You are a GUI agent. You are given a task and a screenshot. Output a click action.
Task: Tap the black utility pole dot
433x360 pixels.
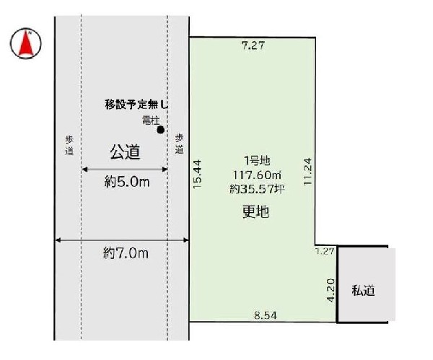(x=161, y=130)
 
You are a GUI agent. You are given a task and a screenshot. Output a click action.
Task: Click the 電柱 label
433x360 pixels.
(x=150, y=120)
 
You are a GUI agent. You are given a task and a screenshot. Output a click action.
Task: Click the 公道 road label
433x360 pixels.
(x=124, y=152)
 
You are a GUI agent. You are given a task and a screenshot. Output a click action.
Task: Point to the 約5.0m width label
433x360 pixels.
(x=126, y=183)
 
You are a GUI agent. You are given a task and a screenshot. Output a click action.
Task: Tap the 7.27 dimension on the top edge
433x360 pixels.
(x=253, y=45)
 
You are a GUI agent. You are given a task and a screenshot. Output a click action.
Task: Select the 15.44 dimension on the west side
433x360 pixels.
(x=198, y=174)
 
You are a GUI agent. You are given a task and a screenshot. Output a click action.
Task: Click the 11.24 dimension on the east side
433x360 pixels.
(x=307, y=172)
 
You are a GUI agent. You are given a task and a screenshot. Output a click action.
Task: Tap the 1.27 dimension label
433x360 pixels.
(x=325, y=252)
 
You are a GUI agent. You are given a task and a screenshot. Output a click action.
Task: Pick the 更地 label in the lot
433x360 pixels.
(x=250, y=211)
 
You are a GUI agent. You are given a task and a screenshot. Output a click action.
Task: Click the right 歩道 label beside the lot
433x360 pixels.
(x=179, y=143)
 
